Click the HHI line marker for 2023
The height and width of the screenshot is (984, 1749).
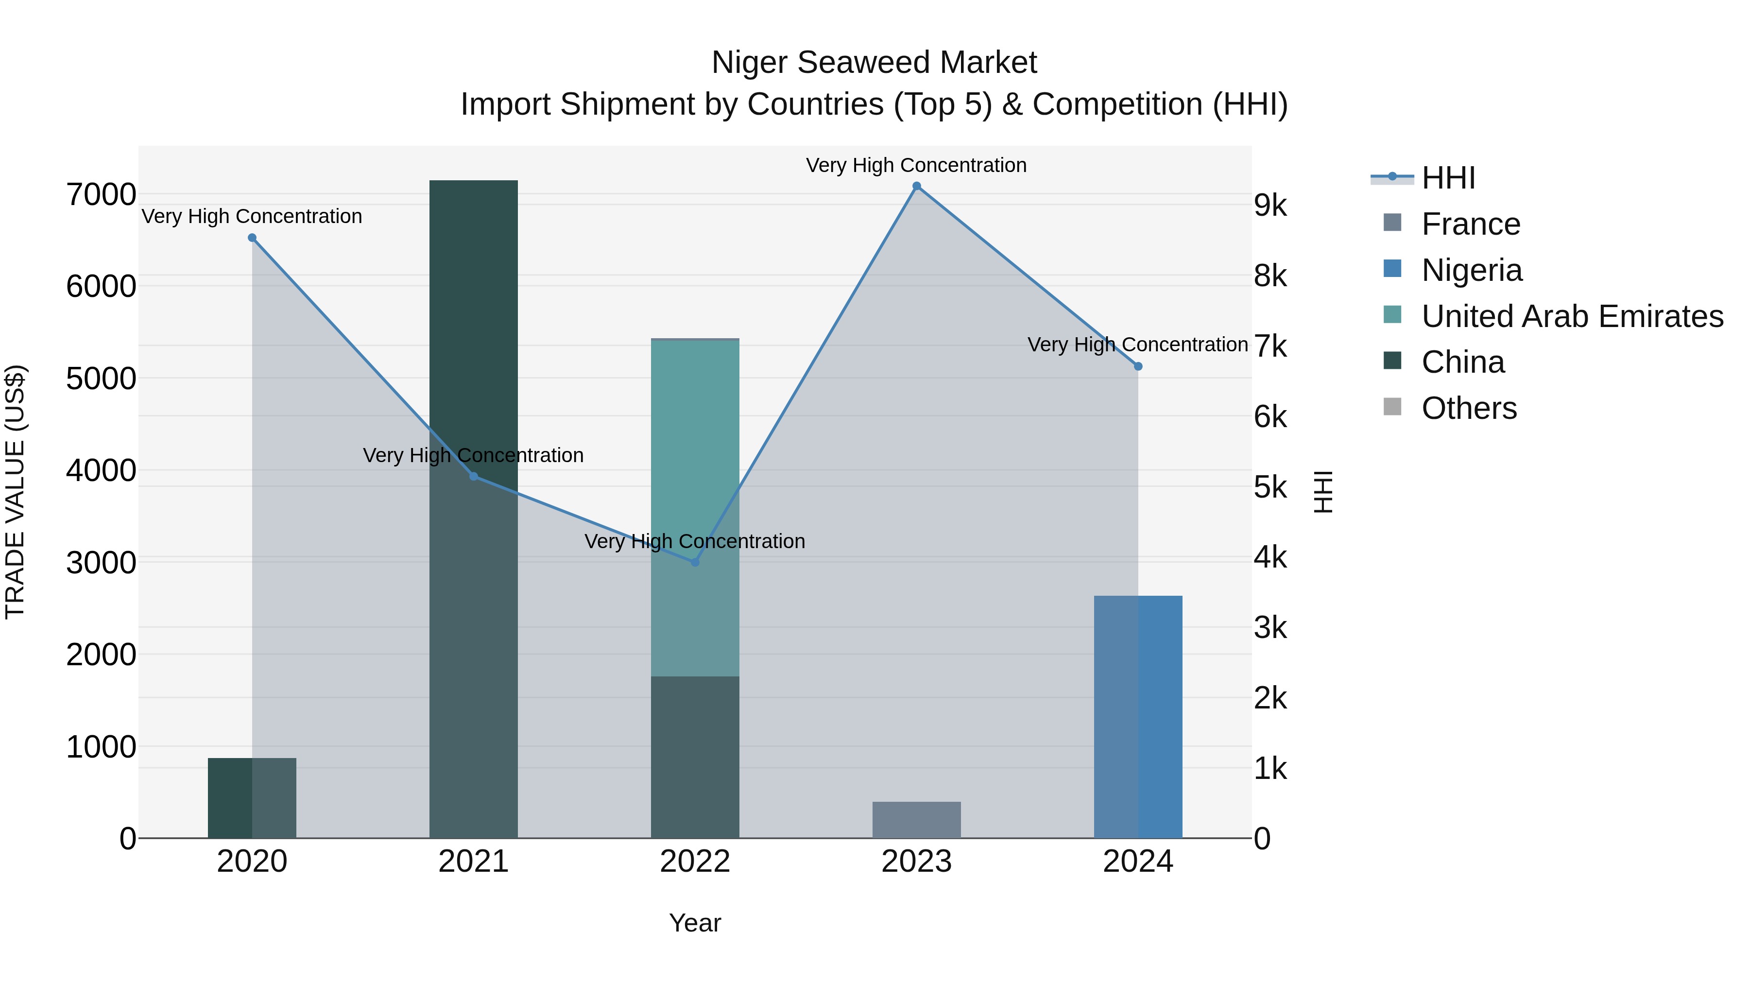[917, 186]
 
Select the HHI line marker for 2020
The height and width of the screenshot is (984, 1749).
[252, 238]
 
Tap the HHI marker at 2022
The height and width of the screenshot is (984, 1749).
[695, 562]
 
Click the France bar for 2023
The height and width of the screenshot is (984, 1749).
[917, 820]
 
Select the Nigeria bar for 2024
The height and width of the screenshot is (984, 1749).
[1138, 716]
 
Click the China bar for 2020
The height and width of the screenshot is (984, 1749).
[252, 798]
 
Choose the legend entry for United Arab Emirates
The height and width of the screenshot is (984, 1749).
[1572, 316]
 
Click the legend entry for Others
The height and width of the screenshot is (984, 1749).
[1469, 408]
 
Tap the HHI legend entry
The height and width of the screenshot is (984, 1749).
[1448, 178]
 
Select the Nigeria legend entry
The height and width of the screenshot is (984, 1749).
[1471, 270]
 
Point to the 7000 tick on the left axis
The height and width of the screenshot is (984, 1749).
[101, 195]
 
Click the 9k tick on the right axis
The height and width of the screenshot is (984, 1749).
[1269, 206]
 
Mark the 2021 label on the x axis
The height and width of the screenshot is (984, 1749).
[473, 862]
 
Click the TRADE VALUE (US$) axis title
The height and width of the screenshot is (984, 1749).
[15, 492]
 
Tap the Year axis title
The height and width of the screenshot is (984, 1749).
[695, 923]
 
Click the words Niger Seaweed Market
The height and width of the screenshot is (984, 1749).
[874, 63]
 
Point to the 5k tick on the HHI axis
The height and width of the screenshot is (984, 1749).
[1269, 487]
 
